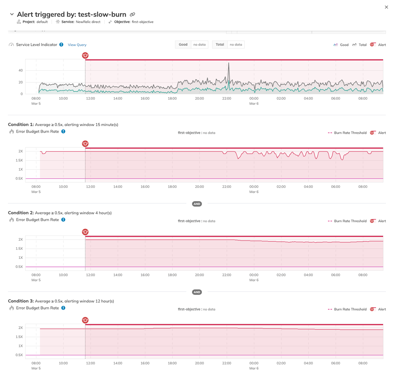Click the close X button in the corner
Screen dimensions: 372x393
pos(386,7)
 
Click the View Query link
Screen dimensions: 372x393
pos(77,45)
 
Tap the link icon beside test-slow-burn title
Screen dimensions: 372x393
pos(132,14)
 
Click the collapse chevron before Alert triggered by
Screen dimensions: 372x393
pos(12,14)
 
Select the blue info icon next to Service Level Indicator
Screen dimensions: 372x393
pos(61,45)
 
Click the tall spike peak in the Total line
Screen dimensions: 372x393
pos(229,63)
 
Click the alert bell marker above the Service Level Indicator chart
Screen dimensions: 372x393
pos(85,55)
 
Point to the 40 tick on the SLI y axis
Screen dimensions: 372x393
pos(20,71)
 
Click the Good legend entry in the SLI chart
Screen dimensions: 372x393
pos(341,45)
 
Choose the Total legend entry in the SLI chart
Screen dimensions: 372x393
pos(359,45)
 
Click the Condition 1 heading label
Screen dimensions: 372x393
pos(21,125)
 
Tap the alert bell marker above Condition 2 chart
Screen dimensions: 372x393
pos(85,232)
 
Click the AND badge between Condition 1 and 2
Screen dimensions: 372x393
pos(197,204)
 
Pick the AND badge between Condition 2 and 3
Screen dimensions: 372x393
pos(197,292)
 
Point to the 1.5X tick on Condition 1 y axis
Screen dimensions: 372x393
pos(19,160)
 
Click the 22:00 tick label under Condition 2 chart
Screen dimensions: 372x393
pos(227,275)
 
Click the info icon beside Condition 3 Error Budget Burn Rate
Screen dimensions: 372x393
pos(63,308)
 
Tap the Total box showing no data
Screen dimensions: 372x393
pos(228,45)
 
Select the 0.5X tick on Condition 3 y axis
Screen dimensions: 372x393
pos(19,355)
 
